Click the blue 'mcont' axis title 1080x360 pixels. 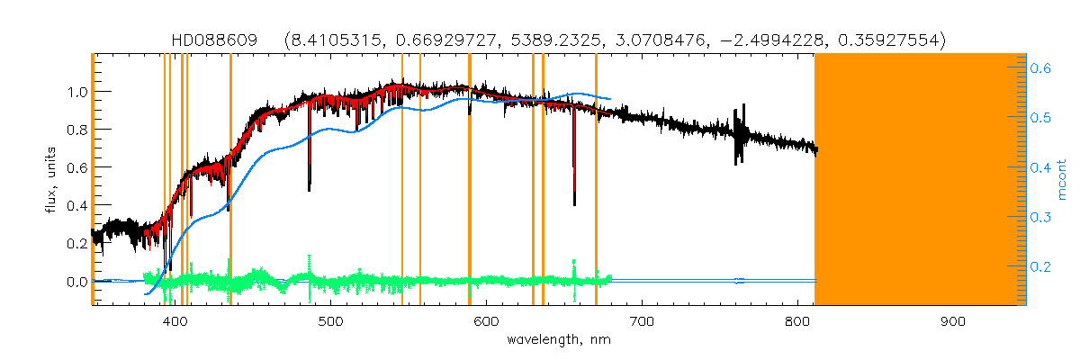1061,180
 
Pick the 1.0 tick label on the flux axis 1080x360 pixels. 76,92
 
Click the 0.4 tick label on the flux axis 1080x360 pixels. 76,206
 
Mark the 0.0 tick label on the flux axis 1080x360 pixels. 76,283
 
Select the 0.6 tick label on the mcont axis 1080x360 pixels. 1040,67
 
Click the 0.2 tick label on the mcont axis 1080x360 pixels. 1040,266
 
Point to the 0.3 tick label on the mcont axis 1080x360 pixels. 1040,217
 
